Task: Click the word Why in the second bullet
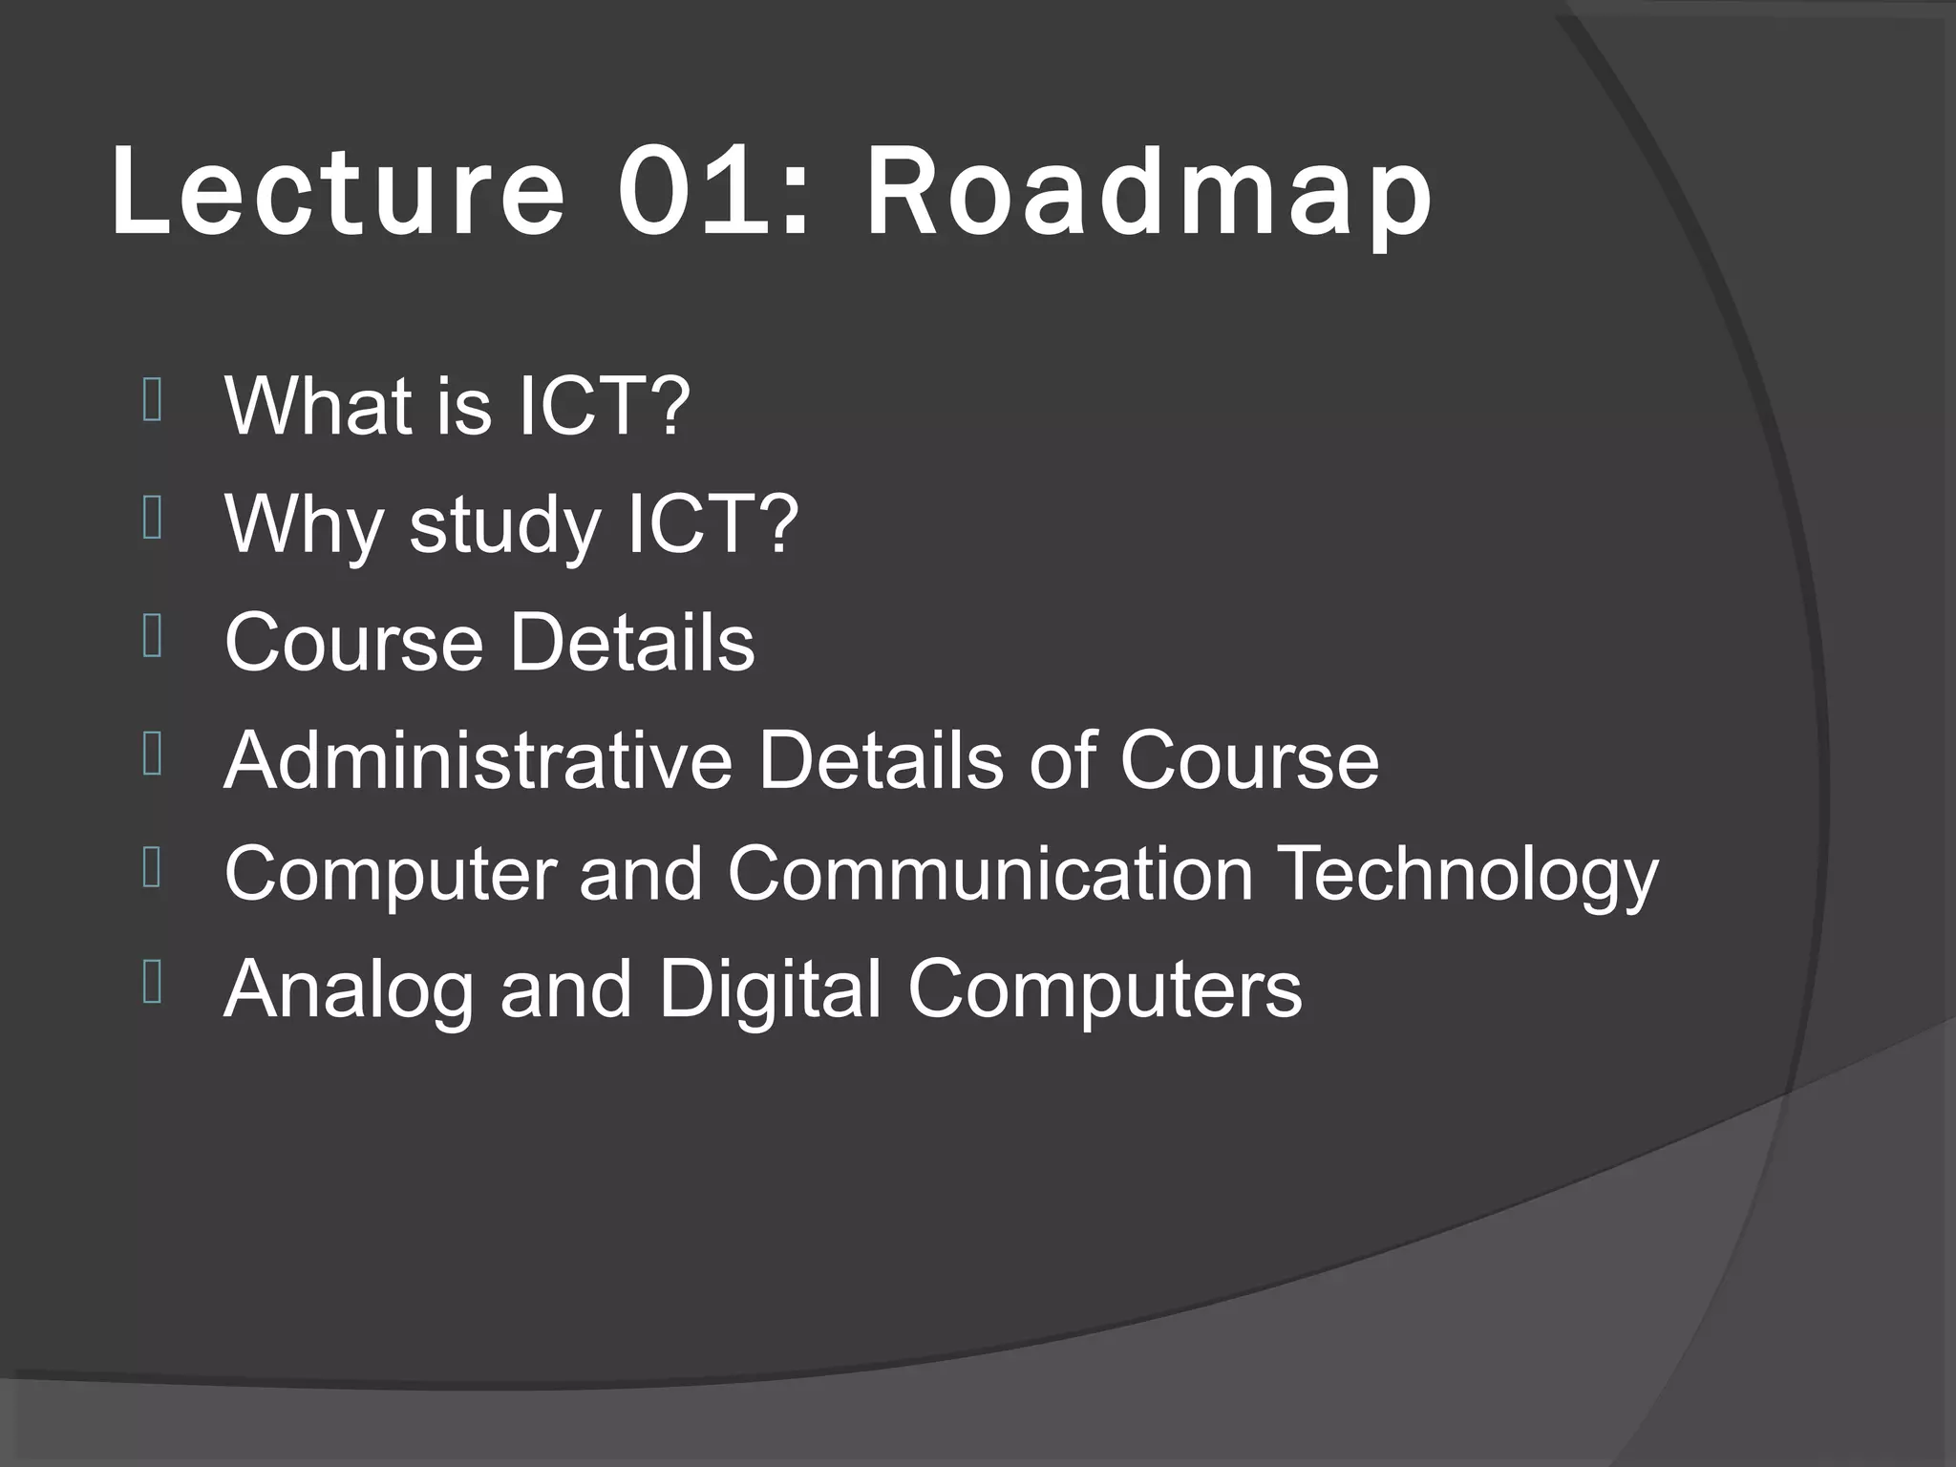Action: [x=304, y=524]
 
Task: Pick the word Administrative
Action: [x=478, y=760]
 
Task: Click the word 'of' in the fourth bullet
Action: [x=1061, y=760]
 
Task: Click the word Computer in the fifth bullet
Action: [x=391, y=875]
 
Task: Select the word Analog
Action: [x=349, y=991]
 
